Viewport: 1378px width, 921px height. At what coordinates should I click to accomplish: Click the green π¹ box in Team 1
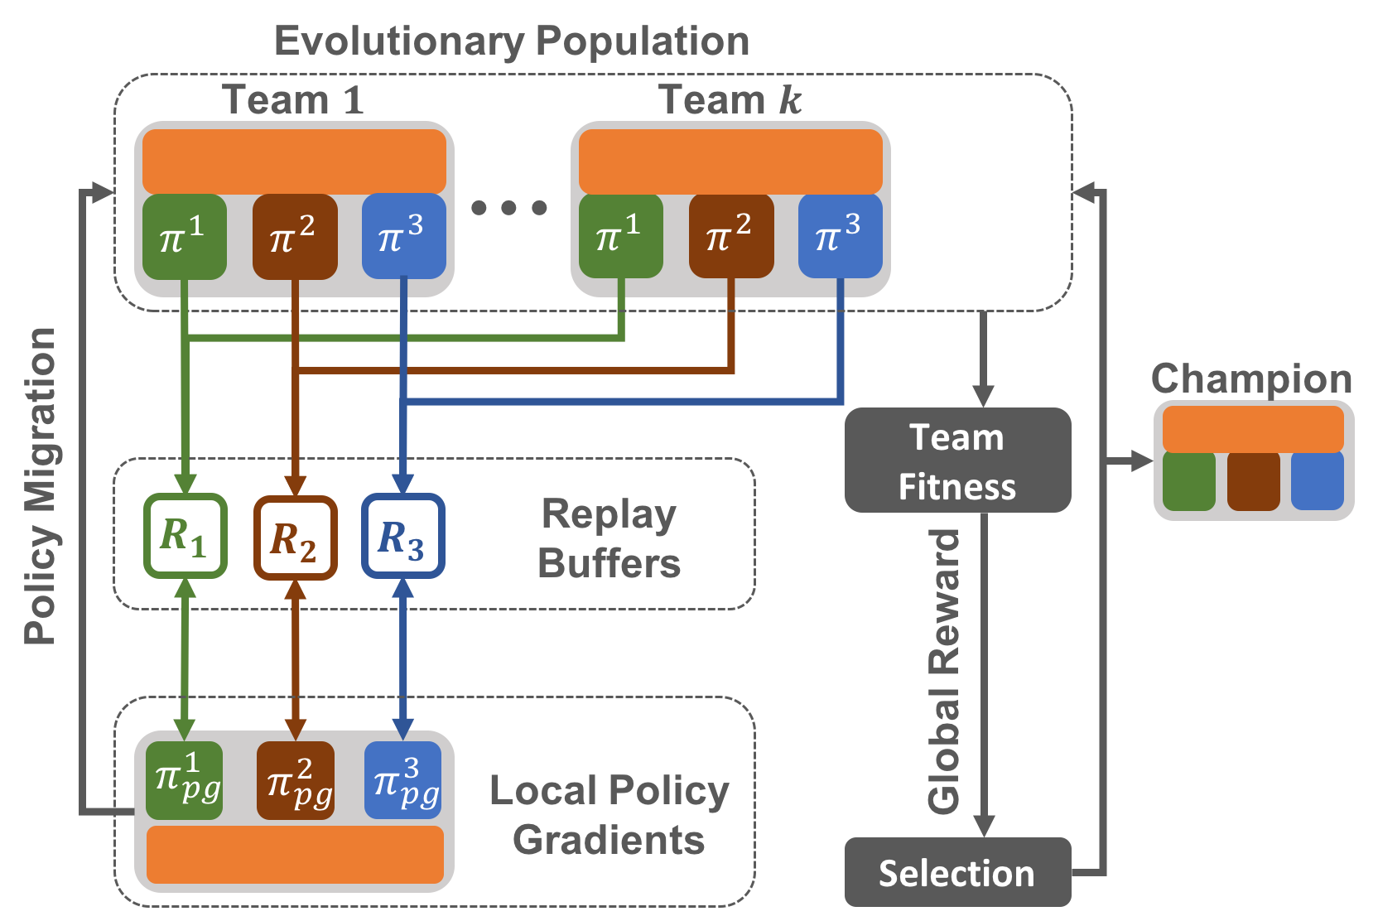[185, 237]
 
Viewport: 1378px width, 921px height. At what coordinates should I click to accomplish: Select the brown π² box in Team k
[731, 235]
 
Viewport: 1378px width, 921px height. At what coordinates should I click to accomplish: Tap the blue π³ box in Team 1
[403, 236]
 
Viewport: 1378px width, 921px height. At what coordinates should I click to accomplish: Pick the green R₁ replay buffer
[185, 536]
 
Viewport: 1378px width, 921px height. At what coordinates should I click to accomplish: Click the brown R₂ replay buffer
[296, 538]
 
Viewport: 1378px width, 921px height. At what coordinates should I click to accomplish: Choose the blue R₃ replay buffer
[403, 536]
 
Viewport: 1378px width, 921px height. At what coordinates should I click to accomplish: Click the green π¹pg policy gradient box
[185, 780]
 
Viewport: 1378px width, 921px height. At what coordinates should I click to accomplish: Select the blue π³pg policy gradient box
[403, 780]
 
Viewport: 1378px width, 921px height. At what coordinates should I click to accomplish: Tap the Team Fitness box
[958, 460]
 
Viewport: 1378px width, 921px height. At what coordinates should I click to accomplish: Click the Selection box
[958, 872]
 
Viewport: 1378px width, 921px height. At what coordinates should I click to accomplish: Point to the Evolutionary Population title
[511, 42]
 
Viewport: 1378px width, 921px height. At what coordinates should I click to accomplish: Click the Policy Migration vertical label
[41, 486]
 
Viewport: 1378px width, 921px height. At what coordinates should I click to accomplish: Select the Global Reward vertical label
[944, 671]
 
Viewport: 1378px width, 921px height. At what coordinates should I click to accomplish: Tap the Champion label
[1251, 379]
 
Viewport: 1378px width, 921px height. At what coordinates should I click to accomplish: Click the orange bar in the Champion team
[1253, 429]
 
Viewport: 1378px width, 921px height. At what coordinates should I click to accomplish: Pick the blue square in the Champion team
[1317, 481]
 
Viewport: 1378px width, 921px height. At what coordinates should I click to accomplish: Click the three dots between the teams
[508, 207]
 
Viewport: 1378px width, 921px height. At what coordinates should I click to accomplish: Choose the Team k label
[730, 99]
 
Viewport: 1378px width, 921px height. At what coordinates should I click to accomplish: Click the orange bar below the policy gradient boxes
[295, 855]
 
